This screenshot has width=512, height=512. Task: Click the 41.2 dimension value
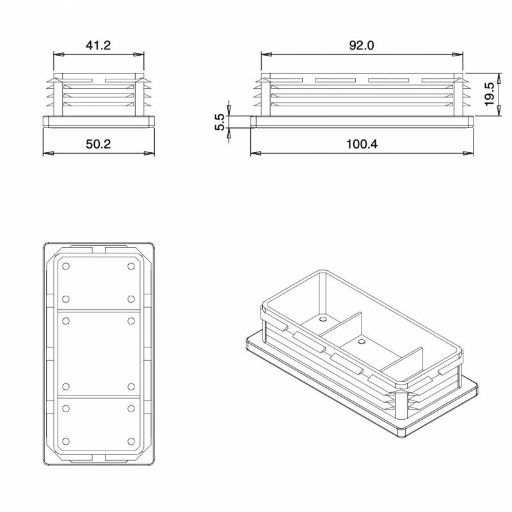tap(99, 45)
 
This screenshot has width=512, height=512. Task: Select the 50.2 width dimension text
tap(99, 145)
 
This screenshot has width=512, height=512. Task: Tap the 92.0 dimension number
tap(362, 45)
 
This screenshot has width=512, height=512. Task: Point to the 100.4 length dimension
tap(362, 145)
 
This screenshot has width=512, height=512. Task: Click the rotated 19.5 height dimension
tap(490, 95)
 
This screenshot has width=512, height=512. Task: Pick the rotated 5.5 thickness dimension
tap(219, 122)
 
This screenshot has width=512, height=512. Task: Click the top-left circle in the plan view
tap(66, 266)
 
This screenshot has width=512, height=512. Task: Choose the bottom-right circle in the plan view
tap(131, 442)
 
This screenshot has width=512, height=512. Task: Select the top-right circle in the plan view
tap(131, 266)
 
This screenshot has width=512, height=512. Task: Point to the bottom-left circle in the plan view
tap(66, 442)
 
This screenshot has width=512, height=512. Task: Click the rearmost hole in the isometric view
tap(323, 318)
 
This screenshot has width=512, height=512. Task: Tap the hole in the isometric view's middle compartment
tap(362, 343)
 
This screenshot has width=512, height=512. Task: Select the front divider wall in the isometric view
tap(403, 365)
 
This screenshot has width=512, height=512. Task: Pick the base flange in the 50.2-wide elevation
tap(99, 122)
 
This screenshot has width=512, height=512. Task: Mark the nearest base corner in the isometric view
tap(401, 435)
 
